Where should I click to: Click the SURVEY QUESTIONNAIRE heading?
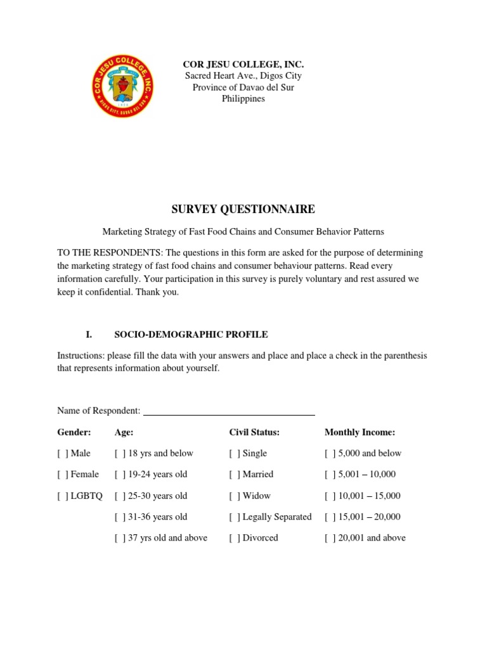coord(243,209)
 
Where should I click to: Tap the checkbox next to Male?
coord(62,453)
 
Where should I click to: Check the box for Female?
coord(62,474)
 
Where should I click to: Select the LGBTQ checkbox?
coord(62,496)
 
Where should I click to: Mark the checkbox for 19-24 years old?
coord(120,474)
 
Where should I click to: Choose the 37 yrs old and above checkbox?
coord(120,537)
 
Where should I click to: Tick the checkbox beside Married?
coord(235,474)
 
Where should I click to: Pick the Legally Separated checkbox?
coord(235,517)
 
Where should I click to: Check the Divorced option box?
coord(235,537)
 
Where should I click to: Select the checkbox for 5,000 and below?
coord(330,453)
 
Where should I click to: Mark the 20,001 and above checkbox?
coord(330,537)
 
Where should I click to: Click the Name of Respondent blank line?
coord(229,412)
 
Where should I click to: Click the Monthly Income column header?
coord(360,432)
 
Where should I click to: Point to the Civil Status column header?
coord(254,432)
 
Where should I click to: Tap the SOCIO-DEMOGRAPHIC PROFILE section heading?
coord(190,334)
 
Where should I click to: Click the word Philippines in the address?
coord(243,98)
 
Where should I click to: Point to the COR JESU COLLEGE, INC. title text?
coord(243,65)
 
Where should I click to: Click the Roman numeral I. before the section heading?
coord(89,334)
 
